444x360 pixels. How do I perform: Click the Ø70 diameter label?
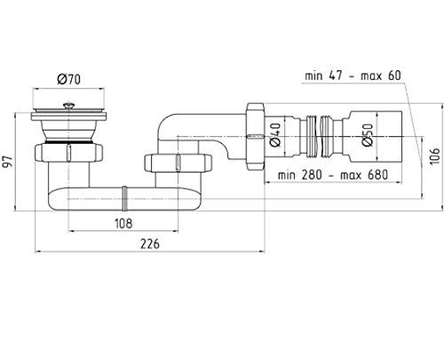[68, 79]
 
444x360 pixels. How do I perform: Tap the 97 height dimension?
[7, 162]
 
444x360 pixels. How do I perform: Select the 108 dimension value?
[123, 223]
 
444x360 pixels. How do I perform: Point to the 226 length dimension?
[150, 244]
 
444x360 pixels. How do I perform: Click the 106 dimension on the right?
[434, 156]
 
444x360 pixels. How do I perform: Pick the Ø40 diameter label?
[275, 135]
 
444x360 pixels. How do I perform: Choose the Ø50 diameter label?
[368, 135]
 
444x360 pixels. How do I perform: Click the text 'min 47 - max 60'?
[353, 76]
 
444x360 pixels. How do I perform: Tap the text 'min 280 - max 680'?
[333, 175]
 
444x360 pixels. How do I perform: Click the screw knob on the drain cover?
[68, 106]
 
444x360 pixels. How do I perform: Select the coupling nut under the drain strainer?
[68, 153]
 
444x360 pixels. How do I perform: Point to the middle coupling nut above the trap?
[178, 163]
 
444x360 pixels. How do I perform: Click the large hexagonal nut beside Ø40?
[256, 136]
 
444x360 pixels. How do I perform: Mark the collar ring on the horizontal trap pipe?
[125, 198]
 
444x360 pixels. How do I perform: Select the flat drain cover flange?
[68, 115]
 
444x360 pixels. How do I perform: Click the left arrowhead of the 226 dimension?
[36, 252]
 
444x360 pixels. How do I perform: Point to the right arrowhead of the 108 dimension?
[177, 231]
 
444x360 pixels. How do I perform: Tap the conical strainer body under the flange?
[68, 131]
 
